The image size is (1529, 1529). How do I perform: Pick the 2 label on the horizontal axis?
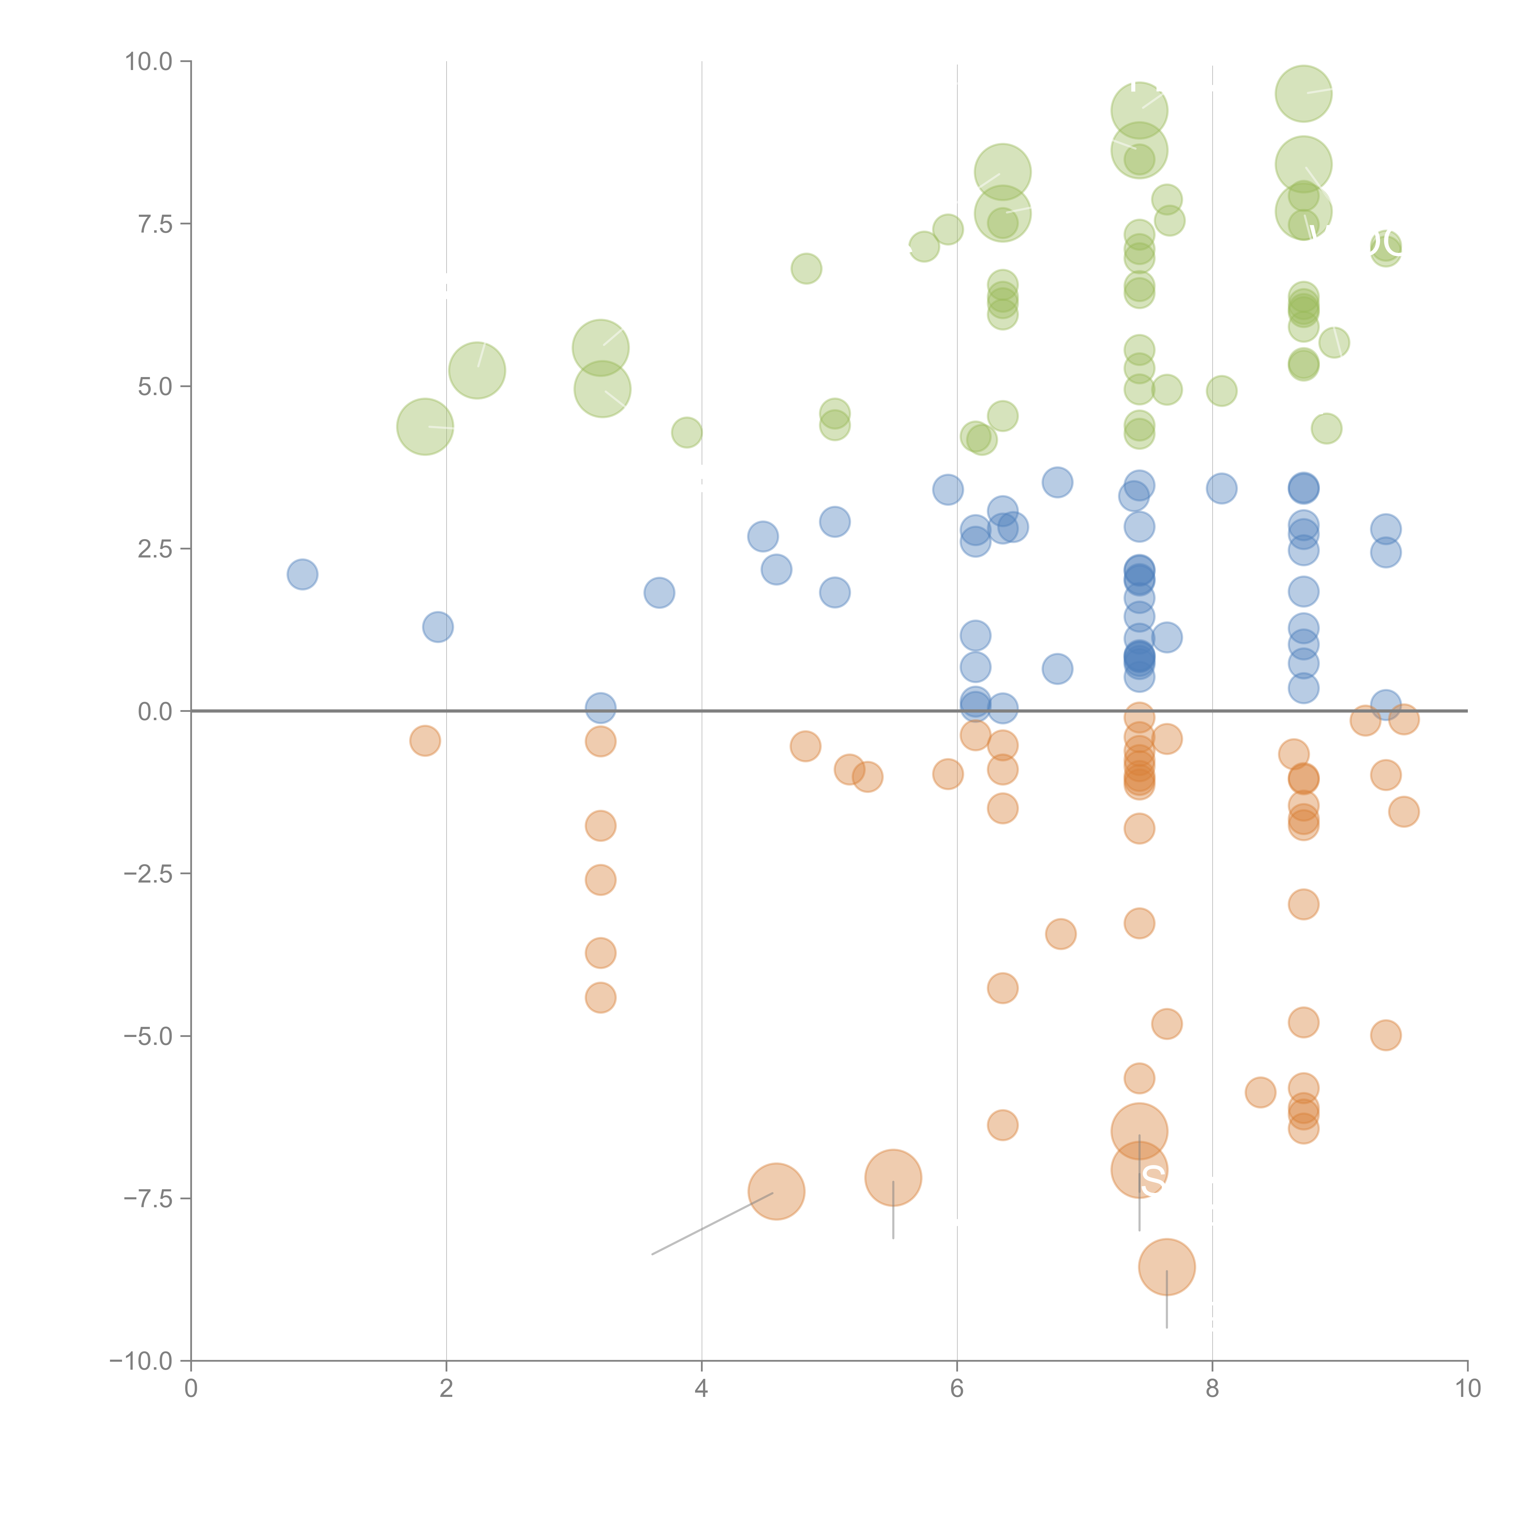point(446,1389)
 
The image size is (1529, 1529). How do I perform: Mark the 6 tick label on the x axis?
point(957,1389)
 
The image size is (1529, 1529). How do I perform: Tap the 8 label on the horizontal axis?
point(1212,1389)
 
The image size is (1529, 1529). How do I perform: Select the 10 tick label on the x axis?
point(1467,1389)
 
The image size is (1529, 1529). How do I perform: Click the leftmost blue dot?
point(302,574)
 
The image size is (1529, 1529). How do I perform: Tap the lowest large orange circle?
point(1167,1267)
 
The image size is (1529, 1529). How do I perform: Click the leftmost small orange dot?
point(425,741)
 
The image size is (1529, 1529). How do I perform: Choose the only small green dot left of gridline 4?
point(686,432)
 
